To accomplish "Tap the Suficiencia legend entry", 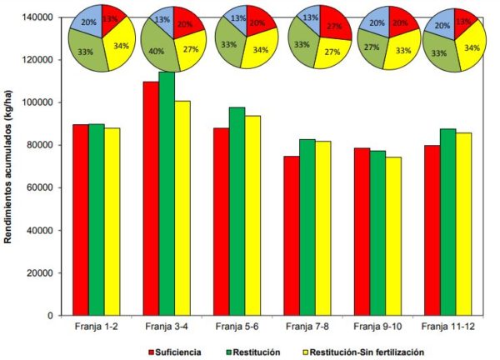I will (x=179, y=352).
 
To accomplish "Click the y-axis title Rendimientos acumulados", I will (x=10, y=167).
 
